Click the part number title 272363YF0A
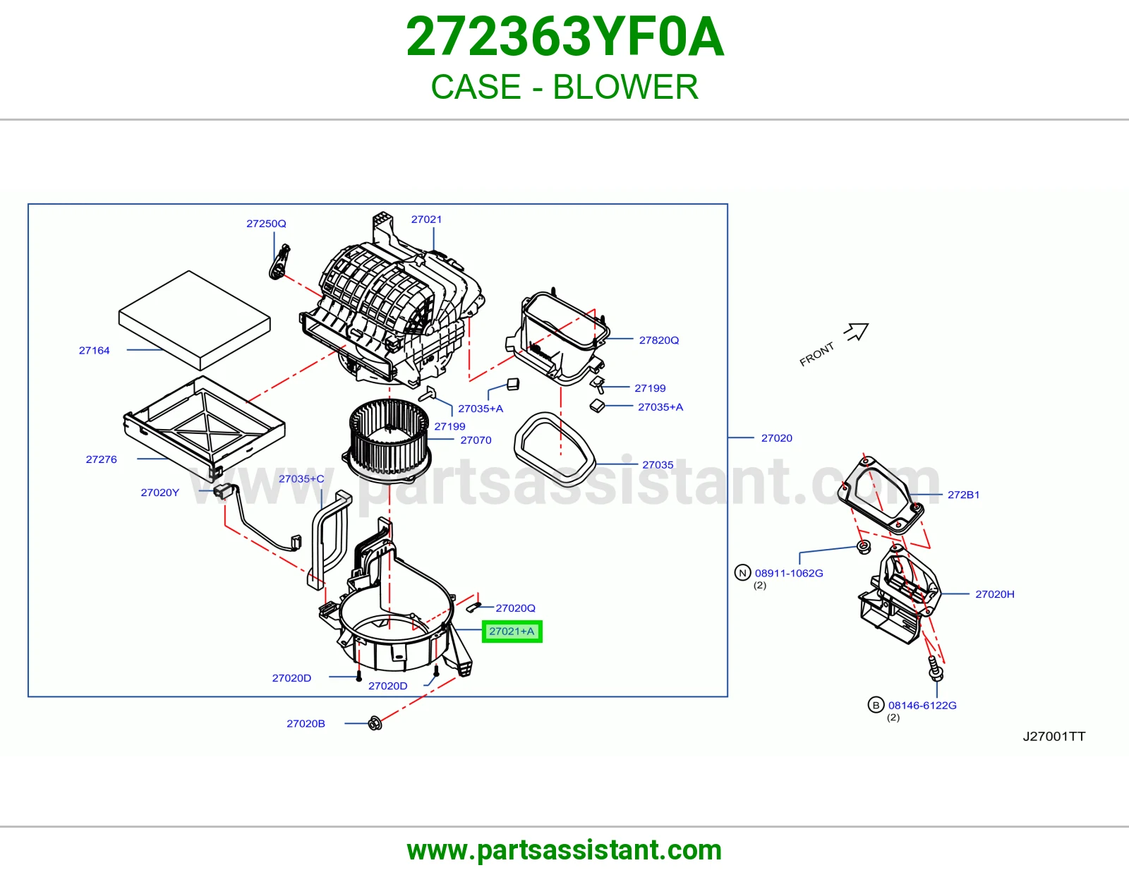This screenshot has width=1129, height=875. pos(564,37)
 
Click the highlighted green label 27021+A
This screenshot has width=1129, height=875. pos(512,632)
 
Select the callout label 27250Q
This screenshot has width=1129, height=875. pos(266,224)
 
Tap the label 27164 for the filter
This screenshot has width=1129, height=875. pos(94,350)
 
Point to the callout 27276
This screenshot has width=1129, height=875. pos(102,459)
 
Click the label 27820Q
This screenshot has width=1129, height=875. pos(659,340)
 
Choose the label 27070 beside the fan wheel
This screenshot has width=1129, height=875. pos(476,440)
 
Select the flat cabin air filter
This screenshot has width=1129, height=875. pos(194,320)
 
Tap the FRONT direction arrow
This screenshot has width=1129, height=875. pos(857,331)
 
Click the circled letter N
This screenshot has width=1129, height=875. pos(742,572)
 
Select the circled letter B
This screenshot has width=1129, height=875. pos(876,705)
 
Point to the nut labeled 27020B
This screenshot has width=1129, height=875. pos(375,723)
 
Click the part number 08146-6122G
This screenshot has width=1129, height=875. pos(922,705)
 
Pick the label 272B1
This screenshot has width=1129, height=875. pos(963,495)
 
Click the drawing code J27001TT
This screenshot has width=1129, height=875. pos(1054,736)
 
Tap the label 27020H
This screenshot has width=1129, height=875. pos(994,594)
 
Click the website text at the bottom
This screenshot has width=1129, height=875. pos(564,850)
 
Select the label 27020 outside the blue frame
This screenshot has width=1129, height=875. pos(777,438)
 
